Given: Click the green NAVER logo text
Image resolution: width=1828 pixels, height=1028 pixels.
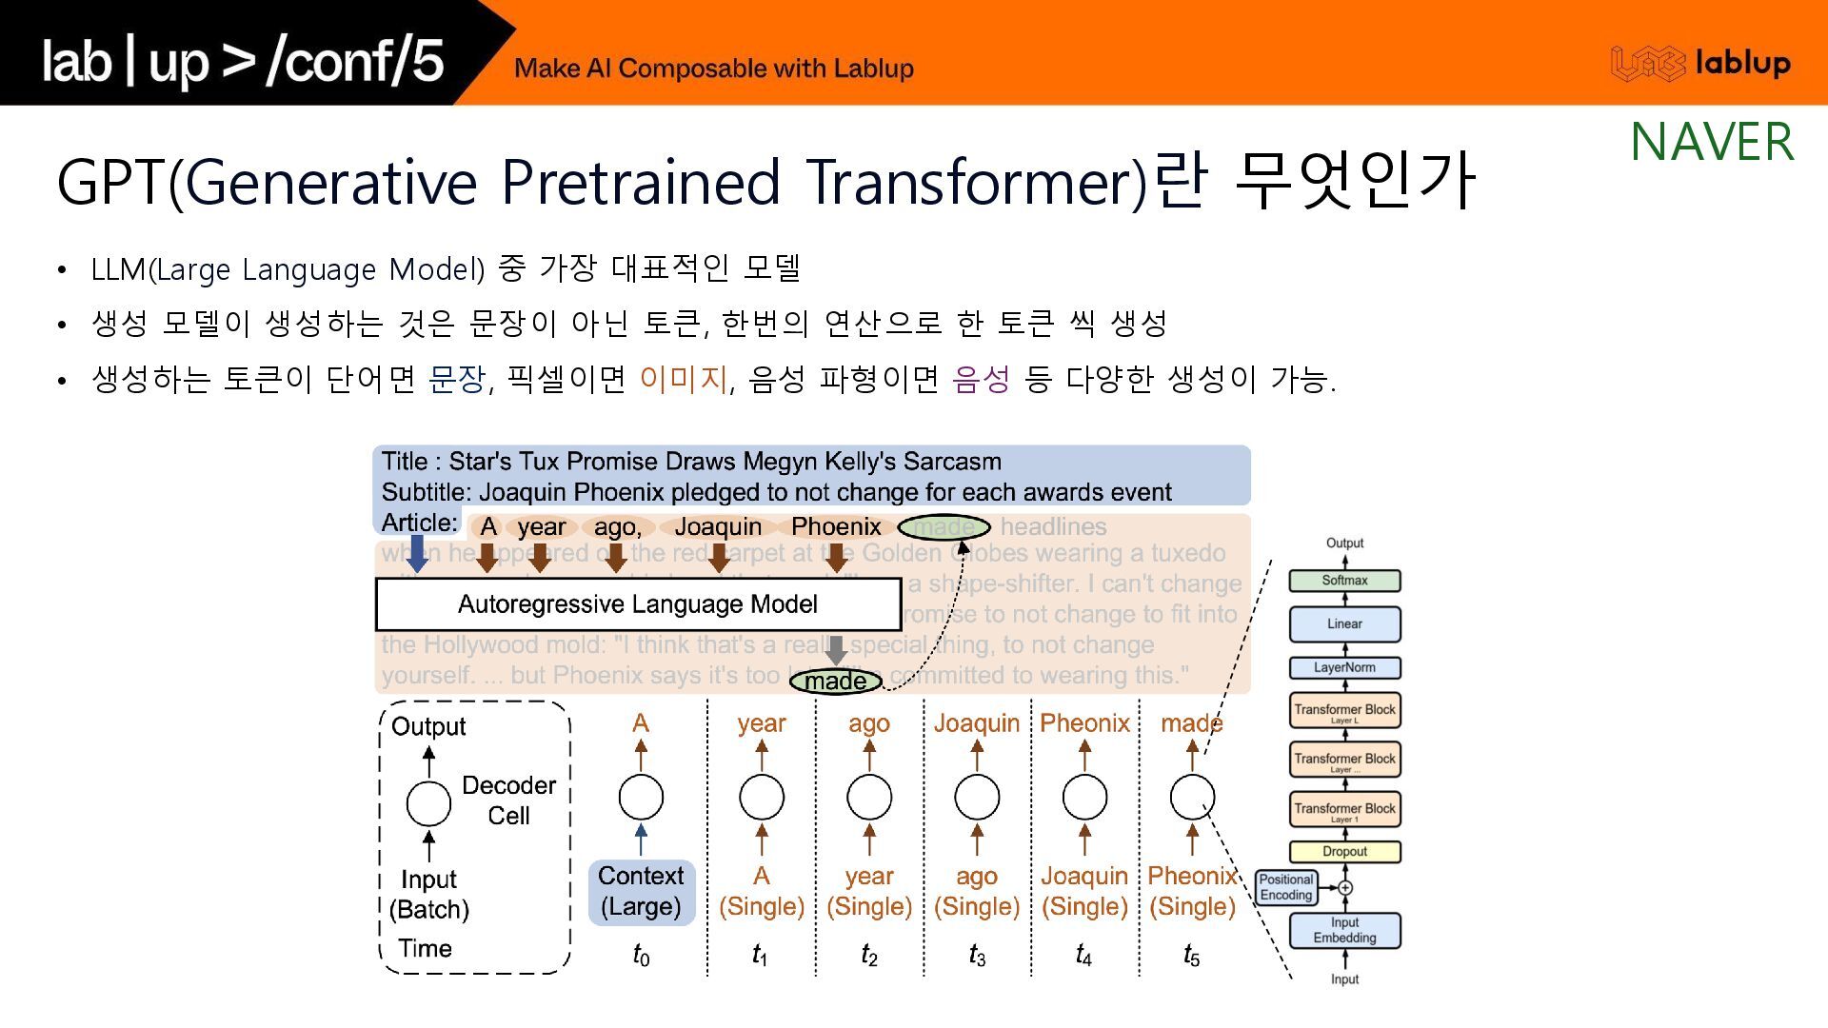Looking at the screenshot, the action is [x=1712, y=142].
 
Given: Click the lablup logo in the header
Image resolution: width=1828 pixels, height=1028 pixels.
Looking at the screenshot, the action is [x=1700, y=64].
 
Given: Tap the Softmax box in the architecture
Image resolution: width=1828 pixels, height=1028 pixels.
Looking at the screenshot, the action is [x=1344, y=581].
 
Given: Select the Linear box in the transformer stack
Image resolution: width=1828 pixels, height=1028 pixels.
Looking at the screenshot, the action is [x=1344, y=624].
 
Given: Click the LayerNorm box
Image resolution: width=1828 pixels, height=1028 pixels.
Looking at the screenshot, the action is [x=1344, y=668].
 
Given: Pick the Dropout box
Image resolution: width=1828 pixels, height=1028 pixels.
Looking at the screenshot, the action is [x=1344, y=852].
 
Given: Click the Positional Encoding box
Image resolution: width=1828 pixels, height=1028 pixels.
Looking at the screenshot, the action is [x=1286, y=887].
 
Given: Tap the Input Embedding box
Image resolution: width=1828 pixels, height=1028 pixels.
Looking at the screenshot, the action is [x=1344, y=930].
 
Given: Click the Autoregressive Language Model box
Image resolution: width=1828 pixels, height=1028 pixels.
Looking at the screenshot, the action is [x=638, y=604].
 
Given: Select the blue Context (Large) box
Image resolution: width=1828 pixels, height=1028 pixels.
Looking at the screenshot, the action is [x=641, y=892].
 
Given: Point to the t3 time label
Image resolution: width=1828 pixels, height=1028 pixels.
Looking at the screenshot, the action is [x=977, y=955].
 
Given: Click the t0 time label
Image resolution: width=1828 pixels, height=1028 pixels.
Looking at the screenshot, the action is [x=641, y=955].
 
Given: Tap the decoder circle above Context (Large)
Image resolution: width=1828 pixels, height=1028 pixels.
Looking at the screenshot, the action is [x=641, y=798].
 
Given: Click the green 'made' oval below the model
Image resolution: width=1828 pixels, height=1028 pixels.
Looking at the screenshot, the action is [x=835, y=682].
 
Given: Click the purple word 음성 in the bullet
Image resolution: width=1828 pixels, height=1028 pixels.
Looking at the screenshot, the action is [x=981, y=380].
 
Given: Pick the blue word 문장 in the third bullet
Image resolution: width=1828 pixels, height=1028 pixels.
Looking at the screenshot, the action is [x=457, y=380].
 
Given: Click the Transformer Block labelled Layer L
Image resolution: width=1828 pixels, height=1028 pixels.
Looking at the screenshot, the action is [x=1344, y=711].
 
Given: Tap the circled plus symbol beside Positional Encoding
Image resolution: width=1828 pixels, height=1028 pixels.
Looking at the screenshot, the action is [x=1345, y=888].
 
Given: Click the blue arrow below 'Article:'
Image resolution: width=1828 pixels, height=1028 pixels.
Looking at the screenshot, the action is [x=417, y=553].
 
